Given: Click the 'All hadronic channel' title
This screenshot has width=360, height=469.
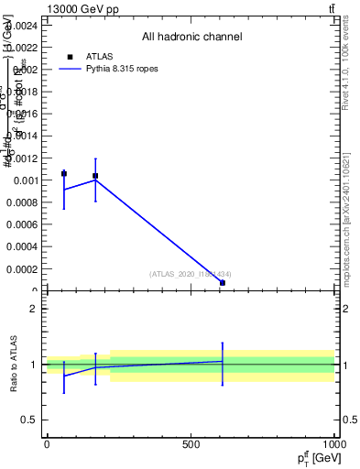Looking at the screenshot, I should pos(191,38).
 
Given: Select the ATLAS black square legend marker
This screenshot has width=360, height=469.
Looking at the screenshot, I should pos(70,57).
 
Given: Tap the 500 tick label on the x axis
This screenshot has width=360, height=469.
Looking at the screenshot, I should pos(191,444).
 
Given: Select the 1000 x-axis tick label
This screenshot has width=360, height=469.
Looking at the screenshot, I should pos(332,444).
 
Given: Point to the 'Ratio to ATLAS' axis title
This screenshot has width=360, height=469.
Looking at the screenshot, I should pos(14,364).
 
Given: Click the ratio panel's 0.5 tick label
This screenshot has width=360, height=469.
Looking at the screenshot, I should pos(27,420).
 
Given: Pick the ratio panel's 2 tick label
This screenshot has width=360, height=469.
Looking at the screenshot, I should pos(31,309).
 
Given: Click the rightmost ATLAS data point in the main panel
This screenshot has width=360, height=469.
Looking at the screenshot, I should pos(223,283).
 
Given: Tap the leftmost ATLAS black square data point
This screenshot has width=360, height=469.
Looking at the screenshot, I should pos(64,173).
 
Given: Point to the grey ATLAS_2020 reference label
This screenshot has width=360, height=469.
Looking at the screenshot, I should pos(190,275).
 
